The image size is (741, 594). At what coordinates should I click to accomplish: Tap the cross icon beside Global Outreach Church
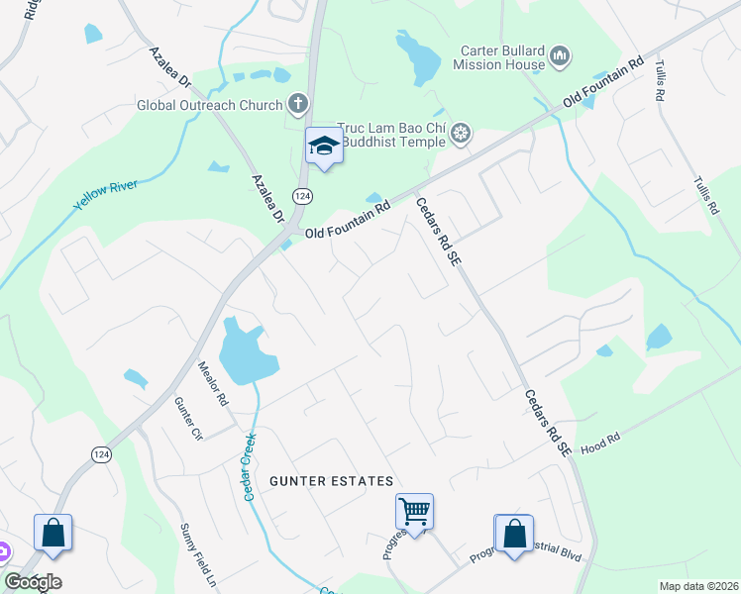click(296, 103)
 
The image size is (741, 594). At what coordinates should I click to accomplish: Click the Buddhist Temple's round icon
click(461, 133)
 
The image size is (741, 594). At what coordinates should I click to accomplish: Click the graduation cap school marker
click(323, 147)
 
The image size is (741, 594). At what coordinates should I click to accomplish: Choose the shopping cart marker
click(414, 512)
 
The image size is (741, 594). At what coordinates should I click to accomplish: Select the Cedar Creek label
click(249, 465)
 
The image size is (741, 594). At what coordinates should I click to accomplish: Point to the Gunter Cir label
click(187, 419)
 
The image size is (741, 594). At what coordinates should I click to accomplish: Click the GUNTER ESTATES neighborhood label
click(332, 481)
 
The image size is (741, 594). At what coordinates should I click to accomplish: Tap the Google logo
click(33, 582)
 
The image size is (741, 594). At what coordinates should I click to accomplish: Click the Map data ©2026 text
click(697, 586)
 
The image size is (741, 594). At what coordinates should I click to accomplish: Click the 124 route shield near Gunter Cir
click(101, 453)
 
